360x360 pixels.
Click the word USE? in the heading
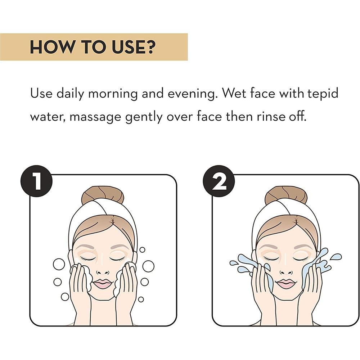134,47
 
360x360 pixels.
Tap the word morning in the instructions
113,94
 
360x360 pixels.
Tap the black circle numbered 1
37,181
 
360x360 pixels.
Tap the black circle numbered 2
219,181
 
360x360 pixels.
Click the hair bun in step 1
103,195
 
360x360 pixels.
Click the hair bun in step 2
286,195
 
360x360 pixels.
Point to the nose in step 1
102,271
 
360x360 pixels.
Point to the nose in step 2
286,271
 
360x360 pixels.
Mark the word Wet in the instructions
234,94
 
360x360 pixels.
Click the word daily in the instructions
70,94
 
